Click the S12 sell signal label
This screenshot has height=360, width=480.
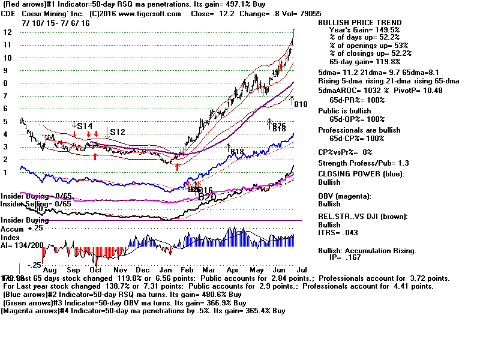(118, 131)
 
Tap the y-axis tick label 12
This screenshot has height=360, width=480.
(8, 32)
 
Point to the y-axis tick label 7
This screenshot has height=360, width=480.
(6, 95)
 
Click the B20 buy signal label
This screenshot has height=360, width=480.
(206, 196)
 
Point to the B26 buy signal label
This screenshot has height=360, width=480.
(278, 125)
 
